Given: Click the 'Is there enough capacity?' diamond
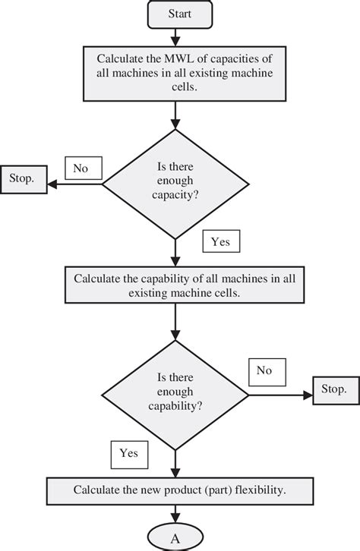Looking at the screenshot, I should click(175, 182).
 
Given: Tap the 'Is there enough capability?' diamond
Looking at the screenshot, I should click(175, 392).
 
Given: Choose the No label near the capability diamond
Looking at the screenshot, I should click(264, 371).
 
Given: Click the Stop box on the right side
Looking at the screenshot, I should click(333, 390).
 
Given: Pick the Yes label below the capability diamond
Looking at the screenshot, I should click(128, 454).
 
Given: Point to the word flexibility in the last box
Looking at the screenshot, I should click(255, 490).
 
